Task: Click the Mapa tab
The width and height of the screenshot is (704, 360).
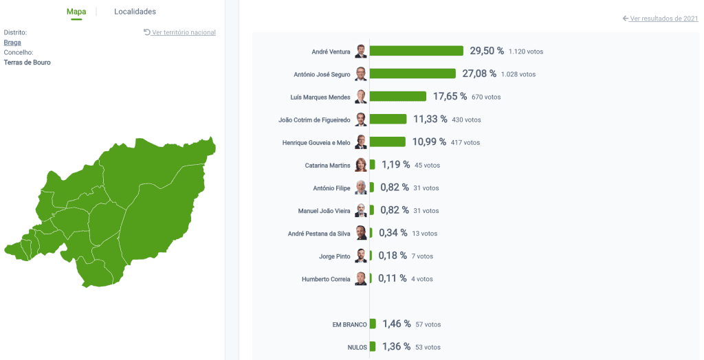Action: [x=76, y=12]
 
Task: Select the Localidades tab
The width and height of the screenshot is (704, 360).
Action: [x=135, y=12]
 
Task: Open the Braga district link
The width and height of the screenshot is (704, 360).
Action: [x=12, y=43]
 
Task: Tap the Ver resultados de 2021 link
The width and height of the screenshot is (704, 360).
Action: [x=663, y=19]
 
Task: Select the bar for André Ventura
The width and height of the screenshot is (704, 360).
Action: [x=417, y=51]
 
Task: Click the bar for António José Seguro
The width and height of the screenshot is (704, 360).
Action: [x=412, y=74]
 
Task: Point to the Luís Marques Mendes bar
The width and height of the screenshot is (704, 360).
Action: [x=398, y=96]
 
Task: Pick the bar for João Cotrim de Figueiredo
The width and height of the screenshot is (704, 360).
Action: [x=388, y=119]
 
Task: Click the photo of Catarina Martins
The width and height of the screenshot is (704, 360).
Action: [x=361, y=165]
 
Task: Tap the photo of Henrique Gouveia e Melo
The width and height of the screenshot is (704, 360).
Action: [x=361, y=142]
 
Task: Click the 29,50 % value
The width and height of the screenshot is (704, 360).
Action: [x=487, y=51]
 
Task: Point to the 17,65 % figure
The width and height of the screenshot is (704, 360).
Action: [x=450, y=96]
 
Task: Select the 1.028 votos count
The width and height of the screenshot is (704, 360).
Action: [x=518, y=74]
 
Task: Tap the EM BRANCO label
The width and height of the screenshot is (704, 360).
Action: [x=349, y=324]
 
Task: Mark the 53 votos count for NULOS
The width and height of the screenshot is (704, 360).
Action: [x=428, y=347]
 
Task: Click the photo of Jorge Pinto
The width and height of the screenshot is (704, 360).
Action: [x=361, y=256]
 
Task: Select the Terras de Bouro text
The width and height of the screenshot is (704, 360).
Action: [x=27, y=63]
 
